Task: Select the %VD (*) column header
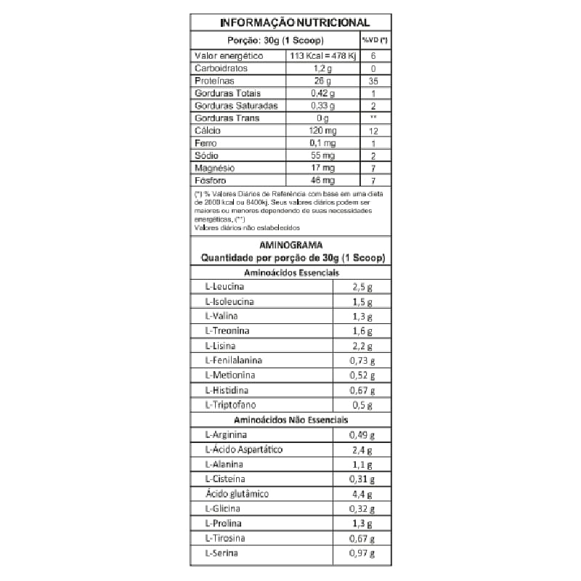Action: (375, 41)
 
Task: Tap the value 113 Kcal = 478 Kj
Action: (323, 56)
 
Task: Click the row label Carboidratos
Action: (221, 68)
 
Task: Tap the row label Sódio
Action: (207, 155)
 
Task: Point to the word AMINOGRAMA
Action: (290, 245)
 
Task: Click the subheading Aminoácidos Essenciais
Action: (290, 272)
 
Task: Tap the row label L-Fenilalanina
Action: (234, 360)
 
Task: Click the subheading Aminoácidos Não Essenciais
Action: (290, 420)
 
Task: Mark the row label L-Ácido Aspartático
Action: (244, 450)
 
